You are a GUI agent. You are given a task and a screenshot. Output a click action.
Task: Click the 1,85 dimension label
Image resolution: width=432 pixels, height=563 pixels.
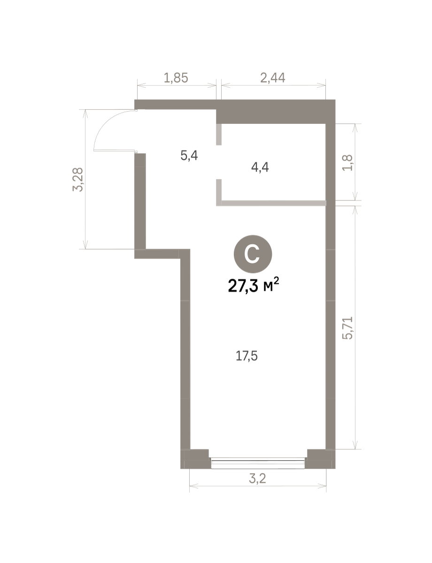176,78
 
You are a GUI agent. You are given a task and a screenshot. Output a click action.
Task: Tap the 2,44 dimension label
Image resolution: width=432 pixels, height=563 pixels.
272,78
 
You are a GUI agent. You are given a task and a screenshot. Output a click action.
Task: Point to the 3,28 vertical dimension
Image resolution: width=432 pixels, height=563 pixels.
78,179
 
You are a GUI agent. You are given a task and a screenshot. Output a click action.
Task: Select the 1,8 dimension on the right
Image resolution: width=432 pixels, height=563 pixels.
347,162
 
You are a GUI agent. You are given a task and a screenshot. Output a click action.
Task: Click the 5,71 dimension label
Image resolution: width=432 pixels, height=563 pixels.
347,328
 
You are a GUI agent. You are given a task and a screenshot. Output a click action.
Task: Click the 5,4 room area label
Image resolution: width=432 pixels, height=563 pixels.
189,156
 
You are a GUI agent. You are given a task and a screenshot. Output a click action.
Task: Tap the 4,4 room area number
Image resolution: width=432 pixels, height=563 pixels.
260,167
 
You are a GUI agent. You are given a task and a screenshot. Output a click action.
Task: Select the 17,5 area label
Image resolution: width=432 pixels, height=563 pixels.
247,356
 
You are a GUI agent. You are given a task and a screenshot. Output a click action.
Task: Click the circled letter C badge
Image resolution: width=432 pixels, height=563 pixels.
253,254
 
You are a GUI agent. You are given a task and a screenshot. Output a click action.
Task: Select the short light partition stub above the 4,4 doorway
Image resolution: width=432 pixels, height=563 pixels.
219,134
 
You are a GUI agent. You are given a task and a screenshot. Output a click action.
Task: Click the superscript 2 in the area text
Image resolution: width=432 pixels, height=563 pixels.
277,280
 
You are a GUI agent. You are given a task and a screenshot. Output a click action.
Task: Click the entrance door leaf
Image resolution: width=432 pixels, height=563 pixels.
115,150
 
